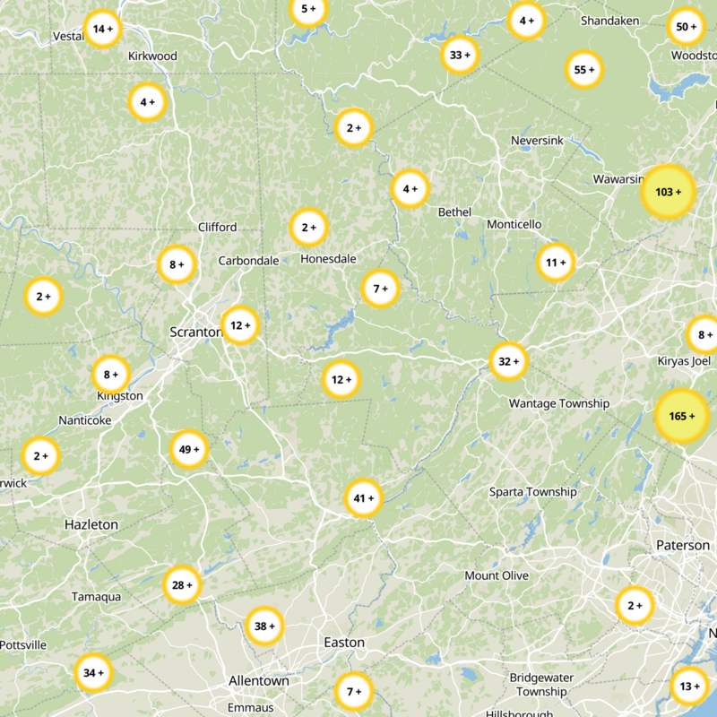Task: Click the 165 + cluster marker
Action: pyautogui.click(x=682, y=417)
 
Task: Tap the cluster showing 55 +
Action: pyautogui.click(x=584, y=70)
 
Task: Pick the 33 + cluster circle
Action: pyautogui.click(x=460, y=55)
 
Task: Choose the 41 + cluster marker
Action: pyautogui.click(x=364, y=498)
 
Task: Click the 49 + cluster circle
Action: pyautogui.click(x=189, y=449)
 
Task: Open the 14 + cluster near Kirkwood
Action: pyautogui.click(x=102, y=29)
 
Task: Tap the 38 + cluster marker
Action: pyautogui.click(x=264, y=626)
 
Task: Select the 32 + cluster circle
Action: pyautogui.click(x=508, y=361)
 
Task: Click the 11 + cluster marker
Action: pyautogui.click(x=556, y=263)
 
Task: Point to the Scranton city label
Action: pyautogui.click(x=195, y=332)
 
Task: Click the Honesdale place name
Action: pyautogui.click(x=328, y=259)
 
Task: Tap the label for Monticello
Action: pyautogui.click(x=514, y=223)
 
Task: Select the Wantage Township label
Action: pyautogui.click(x=559, y=403)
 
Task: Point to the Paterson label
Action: pyautogui.click(x=682, y=545)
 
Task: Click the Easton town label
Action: pyautogui.click(x=344, y=643)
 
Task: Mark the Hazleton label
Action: pyautogui.click(x=91, y=523)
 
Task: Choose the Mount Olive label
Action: pyautogui.click(x=497, y=575)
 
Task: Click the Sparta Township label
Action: pyautogui.click(x=533, y=492)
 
